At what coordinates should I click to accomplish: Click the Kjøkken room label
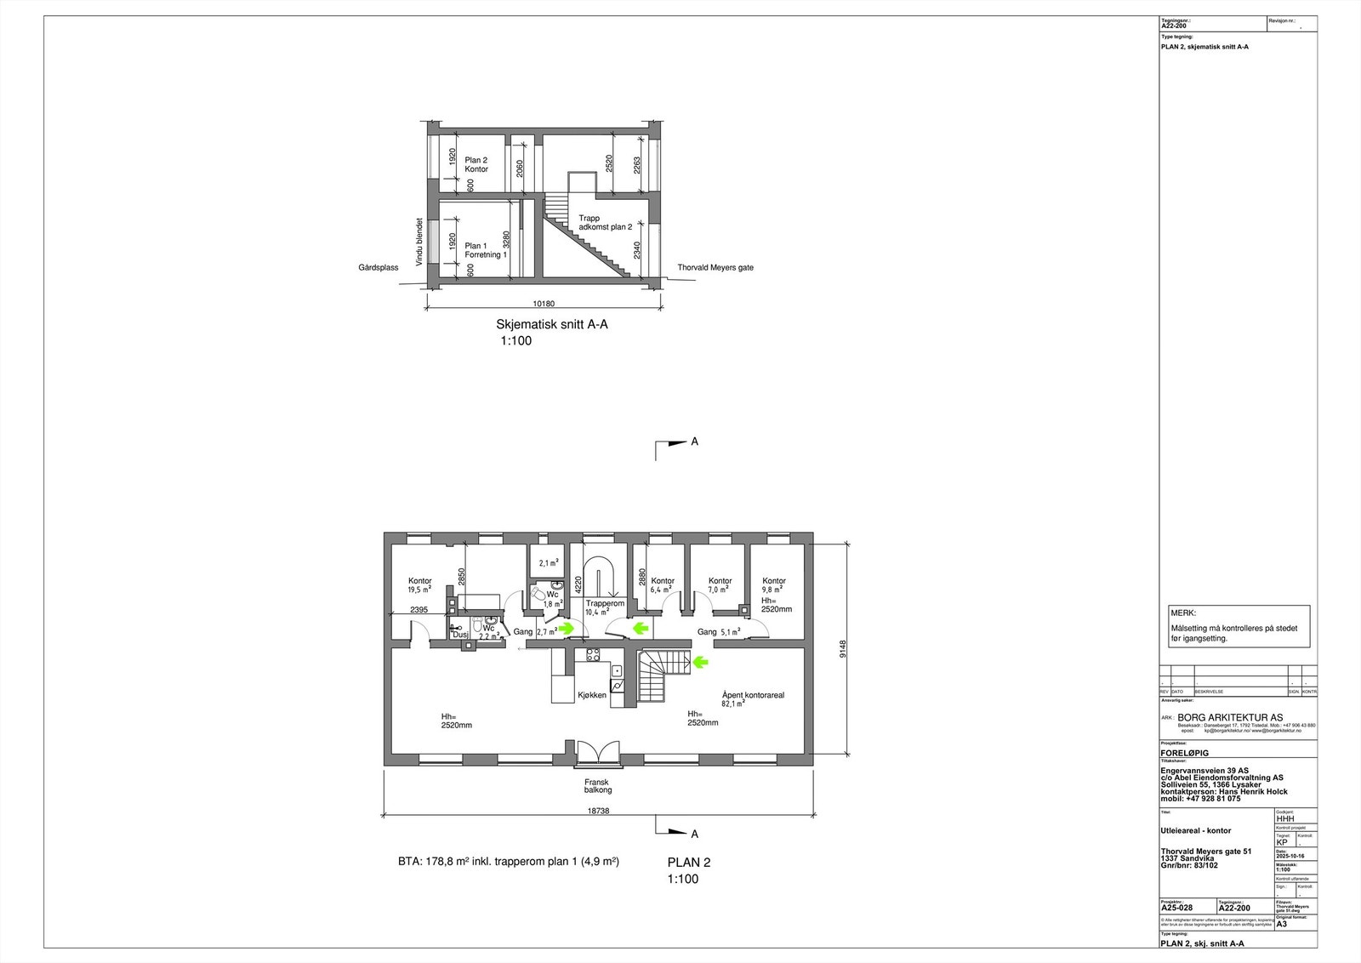(592, 695)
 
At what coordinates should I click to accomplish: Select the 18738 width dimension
(597, 811)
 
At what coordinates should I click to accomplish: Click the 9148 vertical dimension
(843, 649)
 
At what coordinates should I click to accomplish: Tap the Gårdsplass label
(379, 267)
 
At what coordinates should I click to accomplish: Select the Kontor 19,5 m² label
(420, 584)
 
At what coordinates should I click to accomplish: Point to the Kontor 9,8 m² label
(774, 584)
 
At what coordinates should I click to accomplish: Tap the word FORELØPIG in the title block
(1184, 753)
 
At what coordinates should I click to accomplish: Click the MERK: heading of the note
(1183, 613)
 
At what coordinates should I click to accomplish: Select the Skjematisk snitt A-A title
(552, 324)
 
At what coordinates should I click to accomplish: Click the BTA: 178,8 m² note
(509, 861)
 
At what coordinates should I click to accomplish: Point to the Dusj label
(459, 635)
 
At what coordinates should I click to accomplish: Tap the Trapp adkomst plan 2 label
(605, 223)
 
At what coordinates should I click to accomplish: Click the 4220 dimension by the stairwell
(578, 584)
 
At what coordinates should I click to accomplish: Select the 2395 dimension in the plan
(419, 609)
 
